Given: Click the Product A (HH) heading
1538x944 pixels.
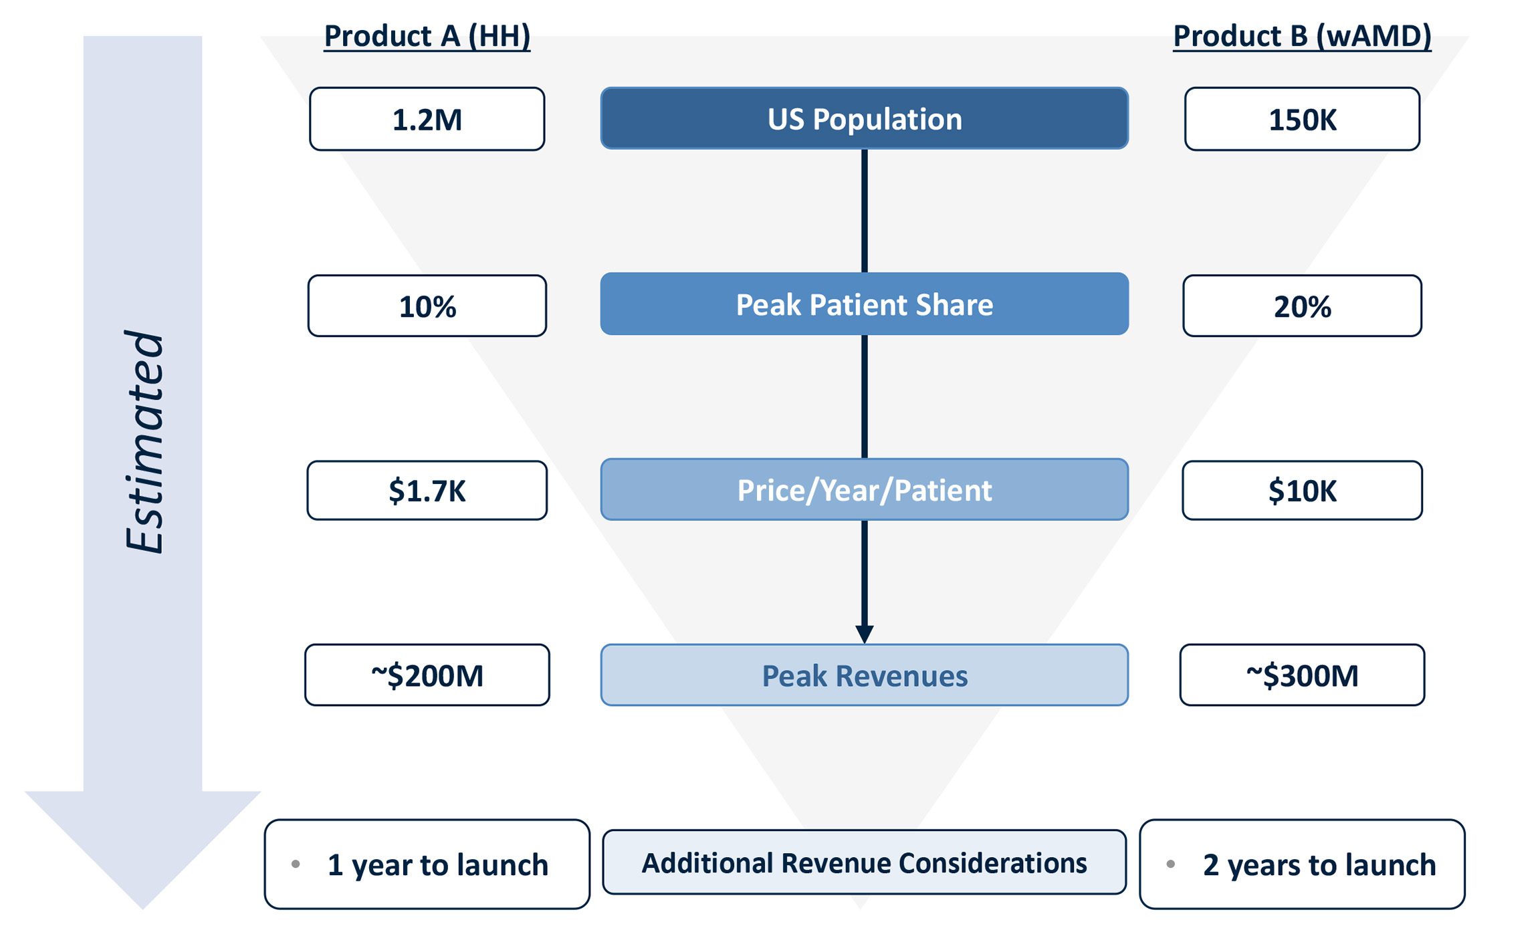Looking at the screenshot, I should (x=427, y=36).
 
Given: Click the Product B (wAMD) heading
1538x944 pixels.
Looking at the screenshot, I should (x=1301, y=36).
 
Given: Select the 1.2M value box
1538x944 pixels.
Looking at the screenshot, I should (x=427, y=120).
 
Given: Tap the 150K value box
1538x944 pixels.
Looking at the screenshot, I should (x=1301, y=120).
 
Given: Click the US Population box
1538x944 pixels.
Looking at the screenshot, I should (x=864, y=119).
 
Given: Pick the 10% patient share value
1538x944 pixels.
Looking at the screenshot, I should (x=427, y=306).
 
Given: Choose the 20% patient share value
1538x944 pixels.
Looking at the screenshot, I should (x=1301, y=306).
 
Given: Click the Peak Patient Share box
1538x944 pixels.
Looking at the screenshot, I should (x=864, y=304).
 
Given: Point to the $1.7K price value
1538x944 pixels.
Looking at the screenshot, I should (x=427, y=491).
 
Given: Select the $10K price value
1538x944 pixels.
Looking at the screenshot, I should (x=1301, y=491).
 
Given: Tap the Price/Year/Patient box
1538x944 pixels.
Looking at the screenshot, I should (x=864, y=490).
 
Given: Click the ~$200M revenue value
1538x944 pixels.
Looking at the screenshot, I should (x=427, y=675).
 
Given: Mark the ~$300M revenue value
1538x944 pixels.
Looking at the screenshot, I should (x=1301, y=675).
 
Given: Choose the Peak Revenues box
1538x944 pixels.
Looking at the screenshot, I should (x=864, y=675).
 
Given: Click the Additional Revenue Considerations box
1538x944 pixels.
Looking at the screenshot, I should (x=864, y=862).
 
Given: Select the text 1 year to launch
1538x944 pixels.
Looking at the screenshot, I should (x=438, y=865).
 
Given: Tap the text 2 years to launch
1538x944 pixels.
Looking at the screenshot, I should (x=1319, y=865).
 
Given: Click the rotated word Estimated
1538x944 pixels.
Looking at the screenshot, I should (x=144, y=441).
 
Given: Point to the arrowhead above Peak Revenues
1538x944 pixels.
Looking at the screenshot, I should (x=864, y=633).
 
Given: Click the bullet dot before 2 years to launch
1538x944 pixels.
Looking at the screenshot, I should (x=1170, y=864).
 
